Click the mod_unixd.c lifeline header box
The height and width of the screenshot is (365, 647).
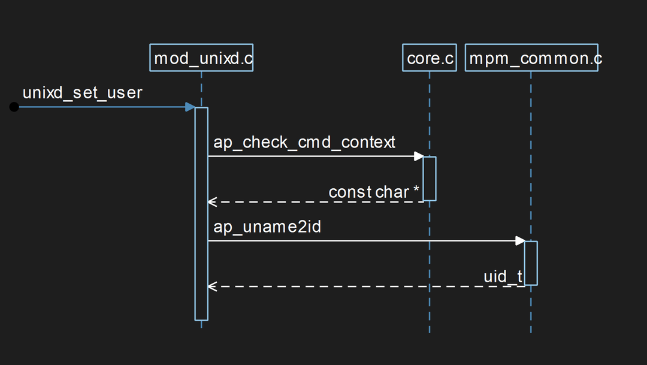(x=201, y=58)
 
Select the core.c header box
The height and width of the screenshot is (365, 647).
(x=429, y=58)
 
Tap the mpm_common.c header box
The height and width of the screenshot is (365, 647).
(x=531, y=58)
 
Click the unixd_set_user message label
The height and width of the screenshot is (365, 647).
(x=82, y=93)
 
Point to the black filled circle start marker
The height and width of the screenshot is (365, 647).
(x=14, y=107)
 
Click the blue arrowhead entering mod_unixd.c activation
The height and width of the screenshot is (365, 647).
(x=190, y=107)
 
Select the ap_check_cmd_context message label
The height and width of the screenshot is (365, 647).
(x=304, y=143)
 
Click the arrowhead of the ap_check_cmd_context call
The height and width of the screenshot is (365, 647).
(x=419, y=156)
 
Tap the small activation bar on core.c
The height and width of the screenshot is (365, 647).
(x=430, y=178)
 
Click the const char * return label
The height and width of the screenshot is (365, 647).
(x=374, y=192)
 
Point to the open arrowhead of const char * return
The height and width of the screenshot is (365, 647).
(x=211, y=202)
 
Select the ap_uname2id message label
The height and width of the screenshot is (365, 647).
(x=267, y=227)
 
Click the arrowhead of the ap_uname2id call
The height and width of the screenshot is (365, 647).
(x=520, y=241)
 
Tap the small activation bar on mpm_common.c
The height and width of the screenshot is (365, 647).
(x=531, y=263)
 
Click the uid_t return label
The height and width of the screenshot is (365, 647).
(x=503, y=277)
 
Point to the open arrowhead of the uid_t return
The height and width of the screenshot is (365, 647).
(x=211, y=286)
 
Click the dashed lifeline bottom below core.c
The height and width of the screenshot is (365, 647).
(x=430, y=327)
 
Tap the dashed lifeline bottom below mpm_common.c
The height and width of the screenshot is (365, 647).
(x=531, y=327)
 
